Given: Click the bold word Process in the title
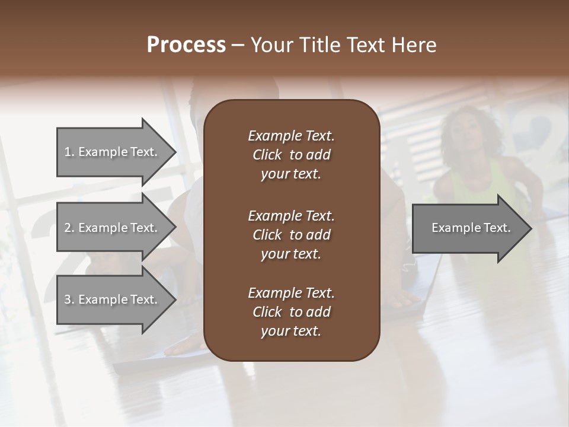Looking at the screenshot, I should (186, 45).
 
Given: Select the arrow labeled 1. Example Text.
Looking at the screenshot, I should (113, 152).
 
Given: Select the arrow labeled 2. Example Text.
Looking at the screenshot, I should (113, 228).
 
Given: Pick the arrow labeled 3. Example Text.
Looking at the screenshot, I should (113, 300).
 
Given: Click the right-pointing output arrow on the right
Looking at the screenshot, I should (468, 228).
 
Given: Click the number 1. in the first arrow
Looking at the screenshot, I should (69, 152).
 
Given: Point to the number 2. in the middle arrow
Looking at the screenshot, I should (69, 228).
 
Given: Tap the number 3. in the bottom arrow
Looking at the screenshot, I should (69, 300).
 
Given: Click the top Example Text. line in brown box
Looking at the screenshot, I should (291, 136).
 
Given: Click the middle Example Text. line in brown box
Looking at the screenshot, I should (291, 216).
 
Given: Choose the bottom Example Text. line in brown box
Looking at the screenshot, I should (291, 293).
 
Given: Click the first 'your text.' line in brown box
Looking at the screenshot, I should (291, 174).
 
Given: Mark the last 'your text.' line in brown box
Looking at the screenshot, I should (291, 332).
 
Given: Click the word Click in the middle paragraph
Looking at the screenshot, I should (267, 235).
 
